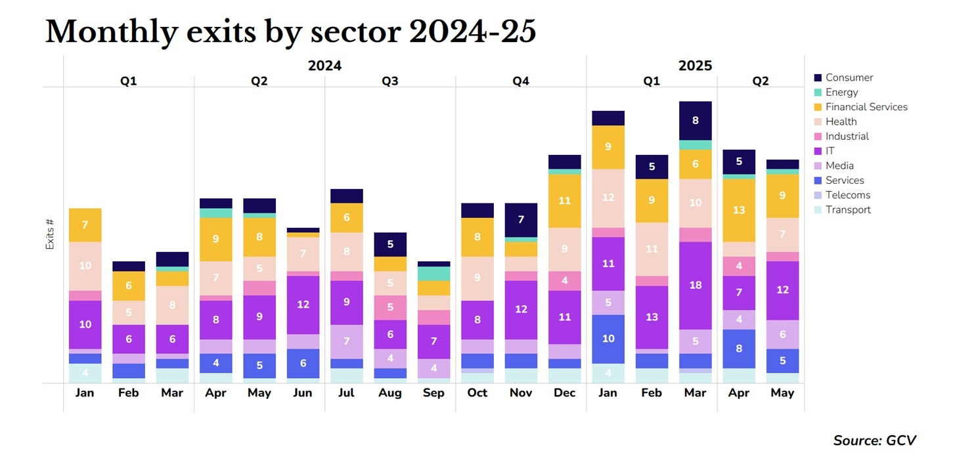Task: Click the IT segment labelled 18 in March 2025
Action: [x=695, y=286]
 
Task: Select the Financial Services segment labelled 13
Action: [x=739, y=210]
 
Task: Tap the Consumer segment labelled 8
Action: [x=695, y=121]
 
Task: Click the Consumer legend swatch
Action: [x=818, y=77]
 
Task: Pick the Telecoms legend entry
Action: [x=847, y=195]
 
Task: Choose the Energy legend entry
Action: [x=841, y=93]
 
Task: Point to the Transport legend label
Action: [x=848, y=210]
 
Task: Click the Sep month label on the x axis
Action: [x=433, y=393]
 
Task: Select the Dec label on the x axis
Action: [x=564, y=393]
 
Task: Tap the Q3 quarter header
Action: [x=390, y=81]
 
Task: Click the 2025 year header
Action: [x=695, y=66]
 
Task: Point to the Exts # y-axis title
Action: [x=50, y=234]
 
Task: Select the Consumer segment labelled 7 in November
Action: [x=521, y=220]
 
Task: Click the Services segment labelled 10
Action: [x=608, y=339]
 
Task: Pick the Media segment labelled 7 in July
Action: [x=347, y=341]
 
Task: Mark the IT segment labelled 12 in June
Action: [x=303, y=305]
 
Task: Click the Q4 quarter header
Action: [x=521, y=81]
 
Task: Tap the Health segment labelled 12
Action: [x=608, y=198]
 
